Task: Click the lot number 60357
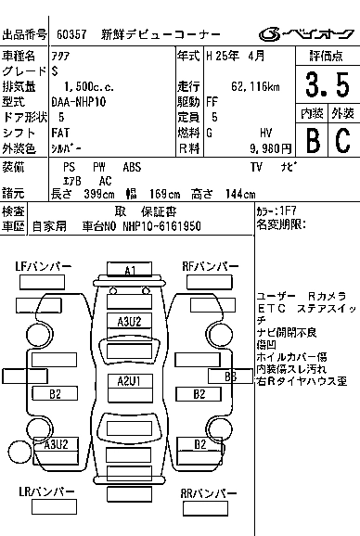71,34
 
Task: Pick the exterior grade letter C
341,141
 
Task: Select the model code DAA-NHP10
79,101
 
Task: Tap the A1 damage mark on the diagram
131,271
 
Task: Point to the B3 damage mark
231,376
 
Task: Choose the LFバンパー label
44,267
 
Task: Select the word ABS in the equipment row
132,167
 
